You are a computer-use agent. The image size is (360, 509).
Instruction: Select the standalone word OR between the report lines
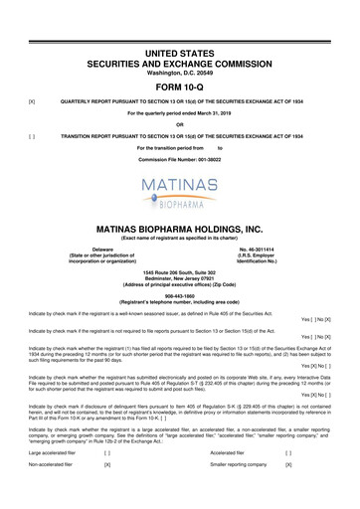(180, 124)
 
